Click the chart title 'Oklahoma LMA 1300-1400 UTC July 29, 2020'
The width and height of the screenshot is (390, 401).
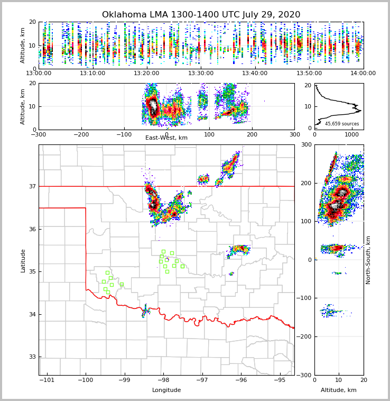click(x=201, y=15)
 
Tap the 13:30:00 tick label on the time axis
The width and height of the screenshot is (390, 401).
click(x=201, y=74)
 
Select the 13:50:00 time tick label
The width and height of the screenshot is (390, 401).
click(x=309, y=74)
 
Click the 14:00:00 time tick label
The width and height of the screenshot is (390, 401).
click(x=363, y=74)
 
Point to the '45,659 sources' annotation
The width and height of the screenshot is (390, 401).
click(x=342, y=124)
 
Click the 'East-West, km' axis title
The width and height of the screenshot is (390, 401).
click(x=166, y=138)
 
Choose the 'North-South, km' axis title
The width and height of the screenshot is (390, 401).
click(x=368, y=260)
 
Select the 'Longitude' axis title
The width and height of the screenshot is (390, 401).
click(x=166, y=390)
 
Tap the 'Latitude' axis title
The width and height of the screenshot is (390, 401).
click(x=23, y=260)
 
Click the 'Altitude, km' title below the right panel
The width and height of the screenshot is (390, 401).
click(x=339, y=390)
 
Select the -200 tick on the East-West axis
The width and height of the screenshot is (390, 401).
click(x=81, y=134)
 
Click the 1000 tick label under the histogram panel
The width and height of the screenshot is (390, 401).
click(x=351, y=134)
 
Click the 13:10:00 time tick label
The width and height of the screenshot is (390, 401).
click(x=92, y=74)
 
